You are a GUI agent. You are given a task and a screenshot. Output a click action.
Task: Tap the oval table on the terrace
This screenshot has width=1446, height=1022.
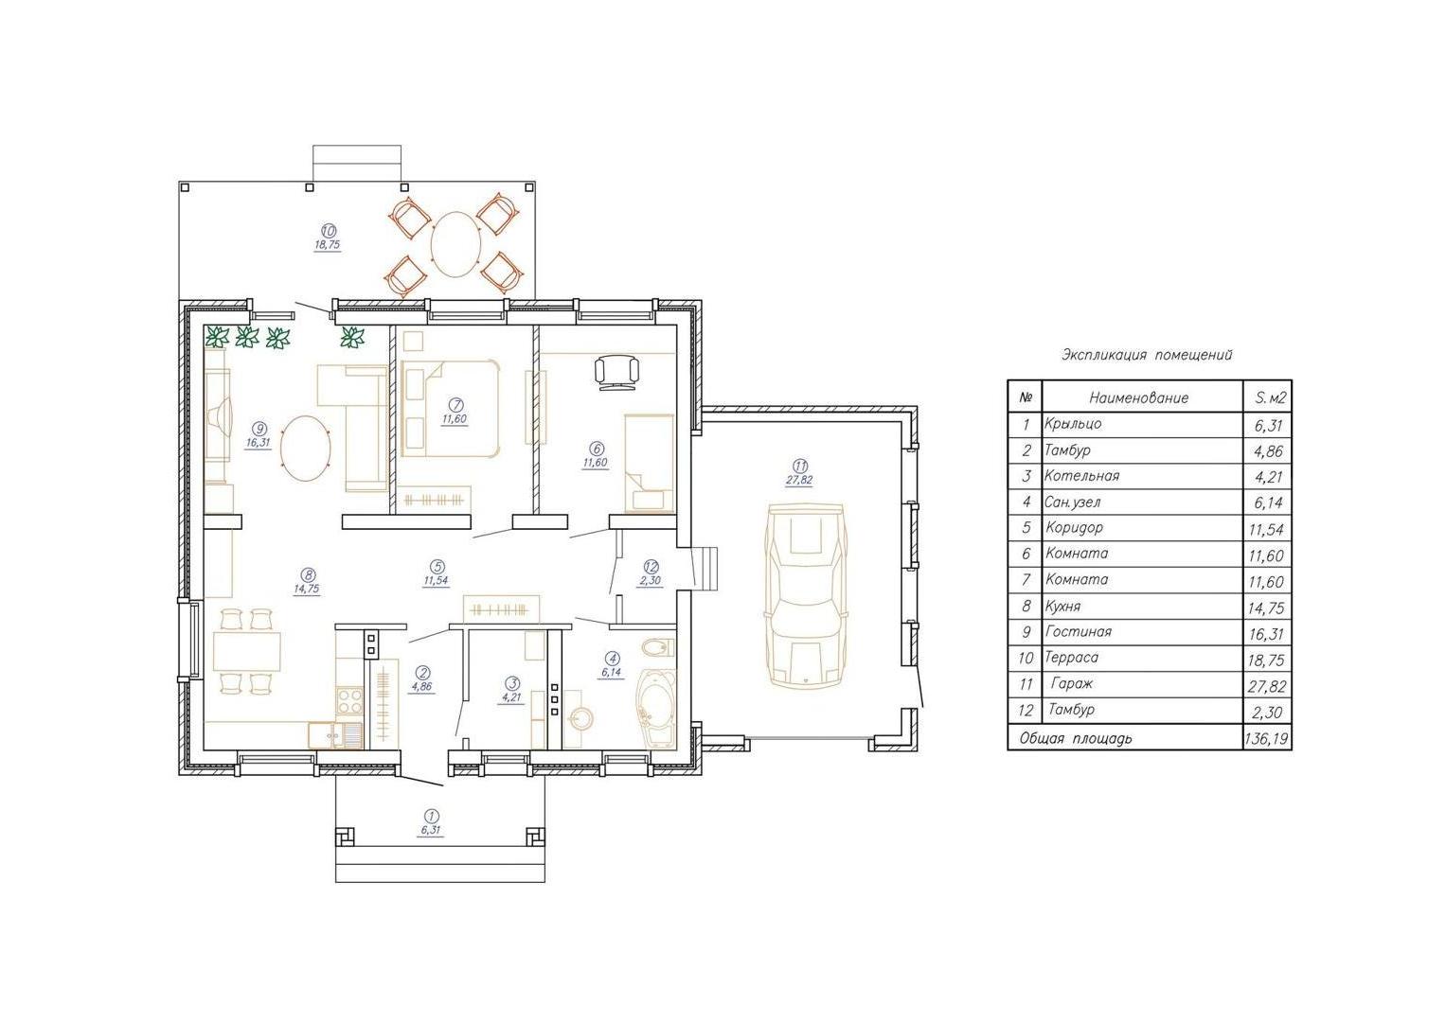tap(456, 244)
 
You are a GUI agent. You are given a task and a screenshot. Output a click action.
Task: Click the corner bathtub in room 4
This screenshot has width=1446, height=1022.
tap(656, 709)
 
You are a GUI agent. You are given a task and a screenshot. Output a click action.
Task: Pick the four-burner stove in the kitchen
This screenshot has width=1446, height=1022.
tap(349, 701)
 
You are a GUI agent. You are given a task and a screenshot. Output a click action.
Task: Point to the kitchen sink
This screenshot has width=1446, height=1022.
tap(336, 735)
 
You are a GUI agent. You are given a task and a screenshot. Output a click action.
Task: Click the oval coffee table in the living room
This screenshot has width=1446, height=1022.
tap(307, 448)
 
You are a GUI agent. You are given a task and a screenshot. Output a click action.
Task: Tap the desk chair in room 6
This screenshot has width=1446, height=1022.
tap(616, 372)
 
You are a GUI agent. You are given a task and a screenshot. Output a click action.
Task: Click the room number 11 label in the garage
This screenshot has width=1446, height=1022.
tap(800, 466)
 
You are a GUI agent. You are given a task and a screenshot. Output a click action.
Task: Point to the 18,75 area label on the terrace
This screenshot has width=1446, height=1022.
tap(328, 245)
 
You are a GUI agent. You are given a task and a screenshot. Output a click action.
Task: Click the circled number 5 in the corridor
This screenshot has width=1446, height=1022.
tap(437, 567)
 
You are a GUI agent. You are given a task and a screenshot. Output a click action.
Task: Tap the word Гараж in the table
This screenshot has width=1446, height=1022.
tap(1072, 684)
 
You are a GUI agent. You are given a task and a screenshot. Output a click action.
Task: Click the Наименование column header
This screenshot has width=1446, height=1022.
tap(1139, 397)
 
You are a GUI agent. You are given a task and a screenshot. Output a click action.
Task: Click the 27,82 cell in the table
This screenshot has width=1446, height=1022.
tap(1266, 686)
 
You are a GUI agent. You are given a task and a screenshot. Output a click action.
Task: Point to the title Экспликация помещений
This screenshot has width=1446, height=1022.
tap(1147, 355)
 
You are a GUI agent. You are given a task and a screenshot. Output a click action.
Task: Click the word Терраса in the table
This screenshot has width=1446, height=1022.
tap(1072, 658)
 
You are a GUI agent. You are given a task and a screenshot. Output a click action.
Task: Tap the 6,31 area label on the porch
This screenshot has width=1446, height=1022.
tap(429, 831)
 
